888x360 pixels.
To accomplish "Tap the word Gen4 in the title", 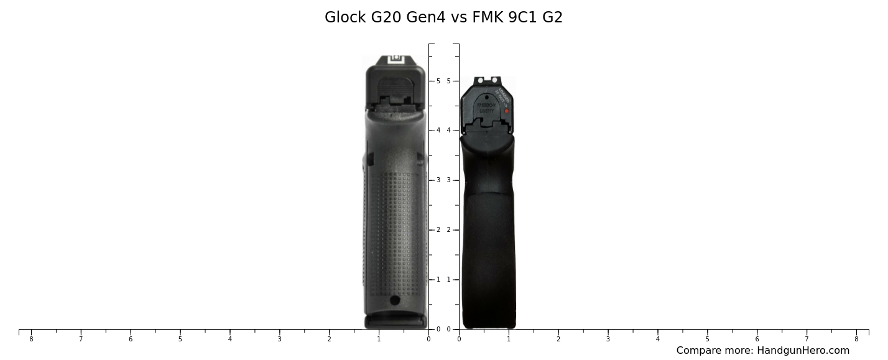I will click(x=425, y=17).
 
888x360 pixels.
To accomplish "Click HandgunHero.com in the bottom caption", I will click(x=803, y=351).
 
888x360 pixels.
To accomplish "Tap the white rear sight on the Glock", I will click(x=395, y=60).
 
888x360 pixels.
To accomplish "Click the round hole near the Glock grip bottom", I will click(x=395, y=300).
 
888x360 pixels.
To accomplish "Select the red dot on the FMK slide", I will click(x=506, y=111).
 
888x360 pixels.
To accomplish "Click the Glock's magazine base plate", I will click(x=395, y=322).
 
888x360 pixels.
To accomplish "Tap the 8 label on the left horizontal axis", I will click(x=31, y=339).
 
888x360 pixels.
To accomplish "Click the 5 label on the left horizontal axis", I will click(x=180, y=339).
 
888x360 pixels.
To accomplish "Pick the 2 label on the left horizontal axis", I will click(x=329, y=339).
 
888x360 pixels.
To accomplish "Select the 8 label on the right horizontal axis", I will click(x=856, y=339).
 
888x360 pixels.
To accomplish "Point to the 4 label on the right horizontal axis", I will click(x=657, y=339).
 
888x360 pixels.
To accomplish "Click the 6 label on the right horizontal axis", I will click(x=757, y=339).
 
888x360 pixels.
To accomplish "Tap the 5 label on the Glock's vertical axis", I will click(x=438, y=81).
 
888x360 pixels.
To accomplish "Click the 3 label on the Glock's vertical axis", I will click(x=438, y=180).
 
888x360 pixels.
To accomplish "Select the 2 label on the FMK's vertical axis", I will click(x=448, y=230).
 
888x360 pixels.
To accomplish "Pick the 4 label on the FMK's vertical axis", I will click(x=448, y=131).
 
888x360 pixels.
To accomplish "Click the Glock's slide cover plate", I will click(x=395, y=90).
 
